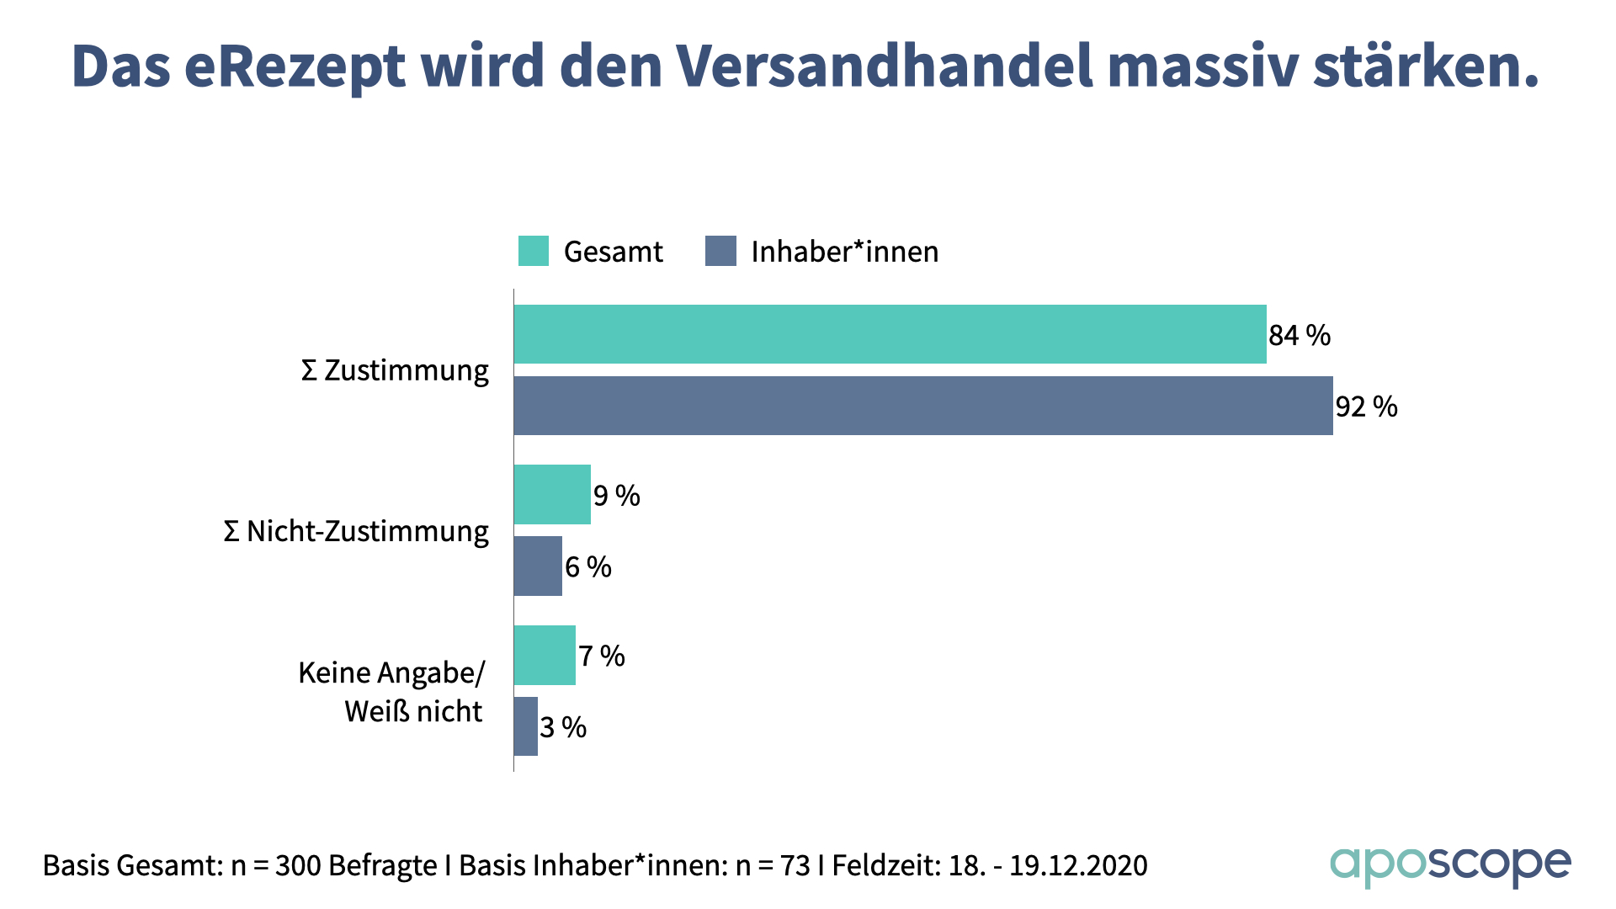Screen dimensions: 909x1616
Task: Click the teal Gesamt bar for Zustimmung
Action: point(890,334)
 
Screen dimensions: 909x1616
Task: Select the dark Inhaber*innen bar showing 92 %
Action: point(923,406)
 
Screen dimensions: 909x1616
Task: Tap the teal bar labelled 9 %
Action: point(552,495)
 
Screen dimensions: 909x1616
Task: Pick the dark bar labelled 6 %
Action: point(538,566)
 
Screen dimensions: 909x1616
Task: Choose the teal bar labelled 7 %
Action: point(545,656)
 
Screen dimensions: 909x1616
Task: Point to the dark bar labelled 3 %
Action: point(526,726)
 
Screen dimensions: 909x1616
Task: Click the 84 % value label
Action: point(1300,336)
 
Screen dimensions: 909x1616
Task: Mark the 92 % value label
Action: point(1366,407)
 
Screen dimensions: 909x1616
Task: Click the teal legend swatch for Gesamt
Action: point(534,251)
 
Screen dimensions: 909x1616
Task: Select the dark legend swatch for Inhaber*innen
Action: point(720,251)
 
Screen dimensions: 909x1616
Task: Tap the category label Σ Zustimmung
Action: point(395,370)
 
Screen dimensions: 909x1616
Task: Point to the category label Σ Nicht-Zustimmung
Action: point(356,532)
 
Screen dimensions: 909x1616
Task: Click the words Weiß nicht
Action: point(413,712)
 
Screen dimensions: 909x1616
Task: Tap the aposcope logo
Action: point(1450,865)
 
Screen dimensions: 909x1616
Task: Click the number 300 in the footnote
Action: point(298,866)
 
